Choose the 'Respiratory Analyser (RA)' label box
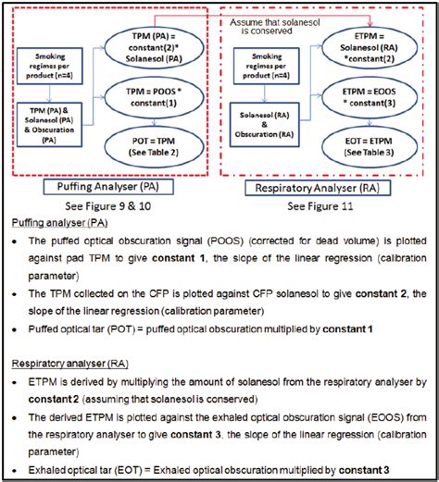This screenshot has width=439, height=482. pos(332,189)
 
